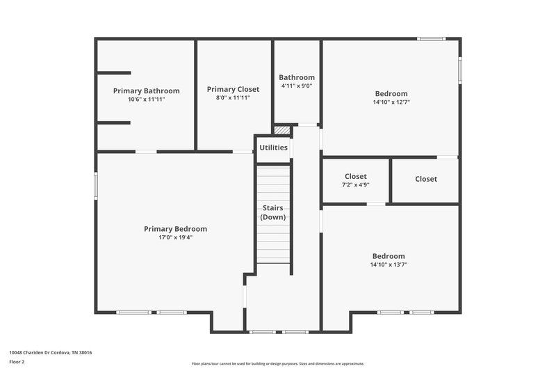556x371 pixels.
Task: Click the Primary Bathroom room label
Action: pos(146,90)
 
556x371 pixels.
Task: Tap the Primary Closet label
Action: pos(233,89)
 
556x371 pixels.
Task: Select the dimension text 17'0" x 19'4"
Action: pos(175,237)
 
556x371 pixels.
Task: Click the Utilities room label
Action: pos(273,148)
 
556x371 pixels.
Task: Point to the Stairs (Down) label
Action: pos(273,212)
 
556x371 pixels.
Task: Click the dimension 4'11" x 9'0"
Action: pos(297,86)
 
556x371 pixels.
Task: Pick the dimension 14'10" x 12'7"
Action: pos(391,102)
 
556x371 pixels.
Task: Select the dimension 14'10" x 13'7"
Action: pos(388,265)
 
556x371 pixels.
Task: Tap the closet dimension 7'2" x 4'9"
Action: pos(355,185)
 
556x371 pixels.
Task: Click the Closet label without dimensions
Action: pos(426,179)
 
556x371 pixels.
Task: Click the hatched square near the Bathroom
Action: pos(281,129)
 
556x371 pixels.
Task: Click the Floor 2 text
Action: pos(17,362)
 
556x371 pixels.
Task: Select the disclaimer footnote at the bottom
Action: pos(278,363)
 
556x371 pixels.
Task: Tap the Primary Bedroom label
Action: pos(175,229)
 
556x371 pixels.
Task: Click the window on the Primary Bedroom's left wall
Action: pos(96,186)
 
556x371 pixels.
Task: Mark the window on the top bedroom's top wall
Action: pos(431,38)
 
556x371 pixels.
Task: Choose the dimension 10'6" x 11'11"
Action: pos(146,100)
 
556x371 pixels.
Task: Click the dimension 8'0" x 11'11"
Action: pos(233,98)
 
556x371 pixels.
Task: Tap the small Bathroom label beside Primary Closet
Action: pos(297,77)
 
